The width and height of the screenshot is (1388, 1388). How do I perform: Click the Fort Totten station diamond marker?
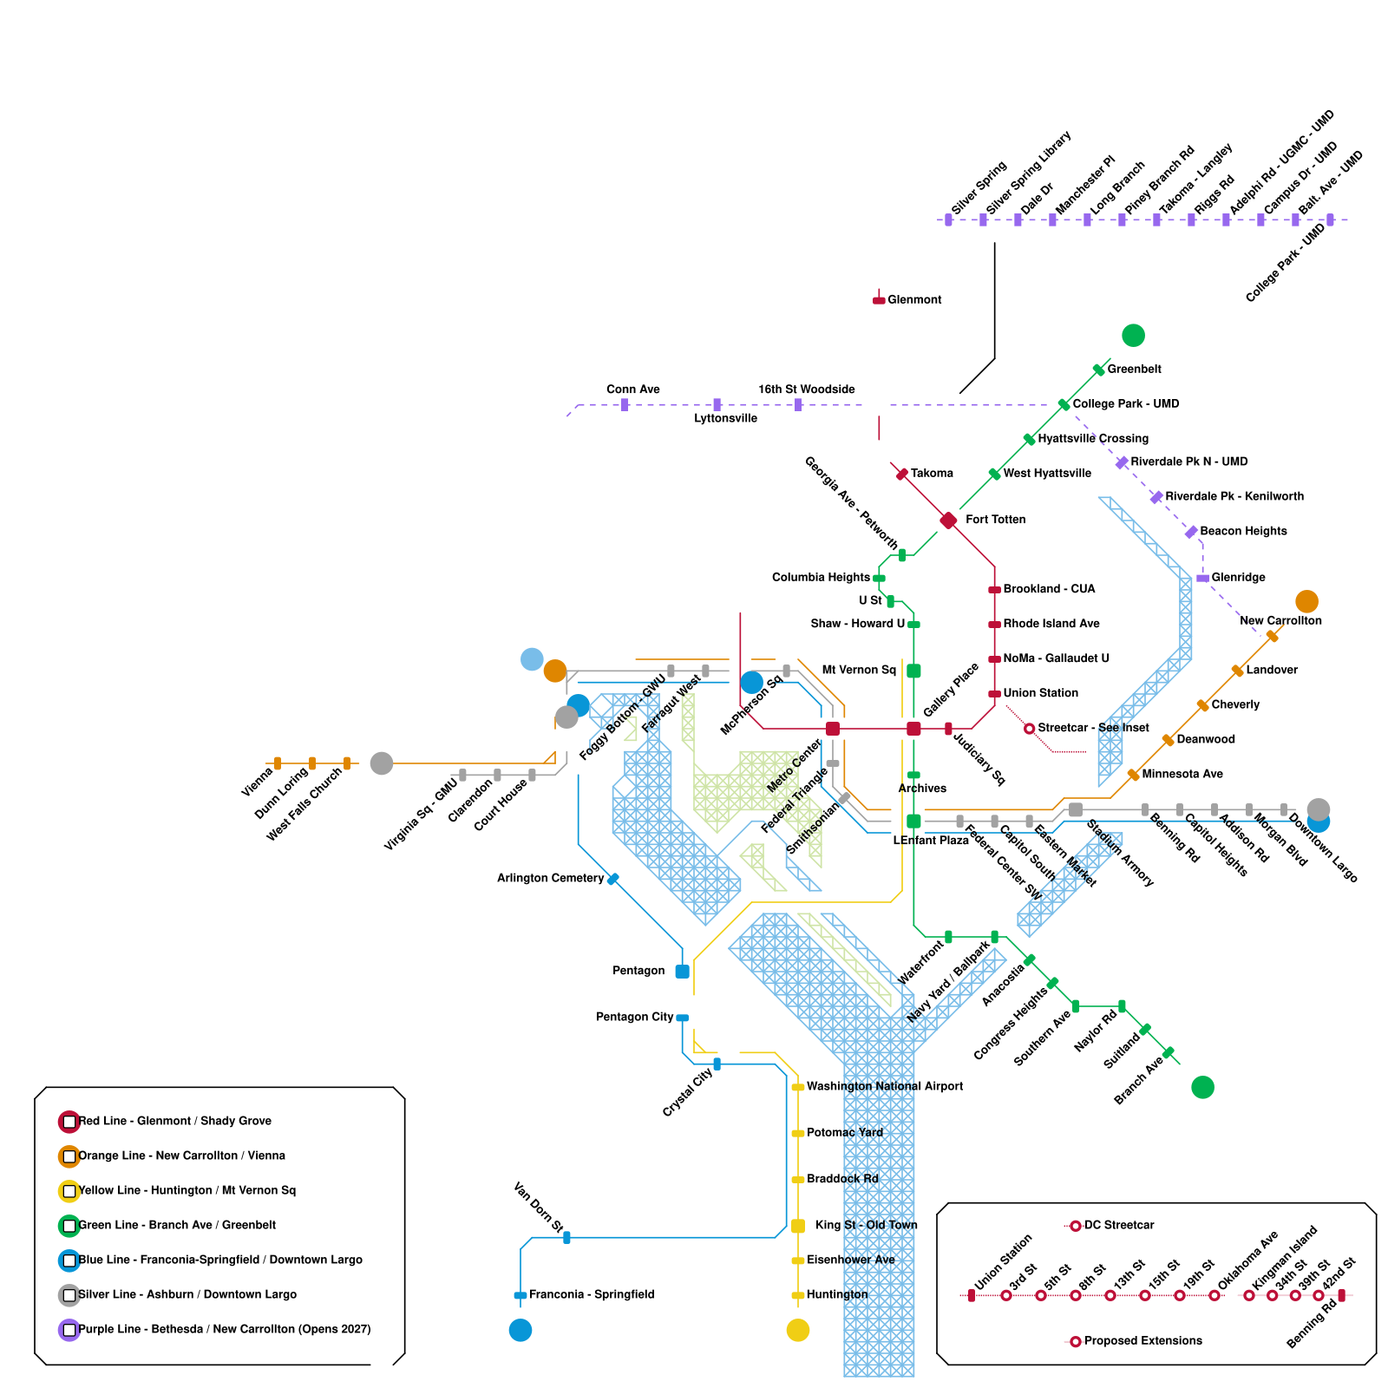click(948, 520)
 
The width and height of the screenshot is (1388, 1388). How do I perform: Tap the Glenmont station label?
click(914, 300)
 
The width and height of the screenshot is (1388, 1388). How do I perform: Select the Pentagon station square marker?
click(682, 972)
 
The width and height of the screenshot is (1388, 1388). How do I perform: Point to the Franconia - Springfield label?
click(591, 1294)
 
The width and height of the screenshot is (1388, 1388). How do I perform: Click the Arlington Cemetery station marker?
click(613, 879)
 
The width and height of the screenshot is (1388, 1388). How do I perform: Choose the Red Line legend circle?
click(69, 1122)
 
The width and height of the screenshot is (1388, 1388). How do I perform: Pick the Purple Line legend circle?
click(69, 1330)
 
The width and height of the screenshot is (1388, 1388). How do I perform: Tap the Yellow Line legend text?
click(187, 1190)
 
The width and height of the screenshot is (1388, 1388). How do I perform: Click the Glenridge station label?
click(1238, 578)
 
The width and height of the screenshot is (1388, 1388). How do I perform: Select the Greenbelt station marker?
click(1098, 370)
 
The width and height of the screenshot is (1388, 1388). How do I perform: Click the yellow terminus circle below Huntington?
click(797, 1330)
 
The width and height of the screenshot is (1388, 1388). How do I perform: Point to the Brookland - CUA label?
click(1049, 589)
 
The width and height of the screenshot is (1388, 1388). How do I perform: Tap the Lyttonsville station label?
click(725, 419)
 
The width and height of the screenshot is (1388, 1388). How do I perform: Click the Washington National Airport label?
click(885, 1086)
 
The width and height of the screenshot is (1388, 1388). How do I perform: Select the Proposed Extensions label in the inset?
click(1142, 1341)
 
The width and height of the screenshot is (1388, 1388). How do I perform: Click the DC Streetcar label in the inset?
click(1119, 1225)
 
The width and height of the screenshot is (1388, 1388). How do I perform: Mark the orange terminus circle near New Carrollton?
click(1306, 601)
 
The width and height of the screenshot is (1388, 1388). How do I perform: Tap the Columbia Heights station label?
click(821, 578)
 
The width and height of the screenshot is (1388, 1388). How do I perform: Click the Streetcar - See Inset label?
click(1093, 728)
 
